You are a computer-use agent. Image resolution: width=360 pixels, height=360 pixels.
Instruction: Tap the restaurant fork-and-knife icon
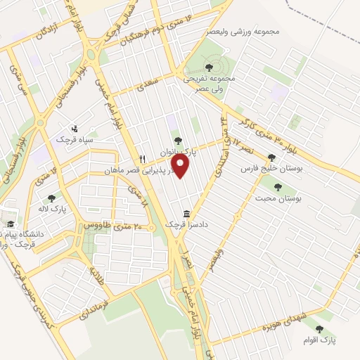click(143, 159)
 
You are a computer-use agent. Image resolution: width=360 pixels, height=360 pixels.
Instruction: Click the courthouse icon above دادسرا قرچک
click(186, 214)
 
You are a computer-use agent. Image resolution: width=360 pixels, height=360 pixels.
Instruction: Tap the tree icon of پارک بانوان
click(178, 141)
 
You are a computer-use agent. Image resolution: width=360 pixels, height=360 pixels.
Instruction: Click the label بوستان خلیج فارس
click(270, 169)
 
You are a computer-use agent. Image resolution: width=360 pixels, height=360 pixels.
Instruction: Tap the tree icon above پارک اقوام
click(320, 328)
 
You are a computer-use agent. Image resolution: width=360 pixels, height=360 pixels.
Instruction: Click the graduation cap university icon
click(11, 224)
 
